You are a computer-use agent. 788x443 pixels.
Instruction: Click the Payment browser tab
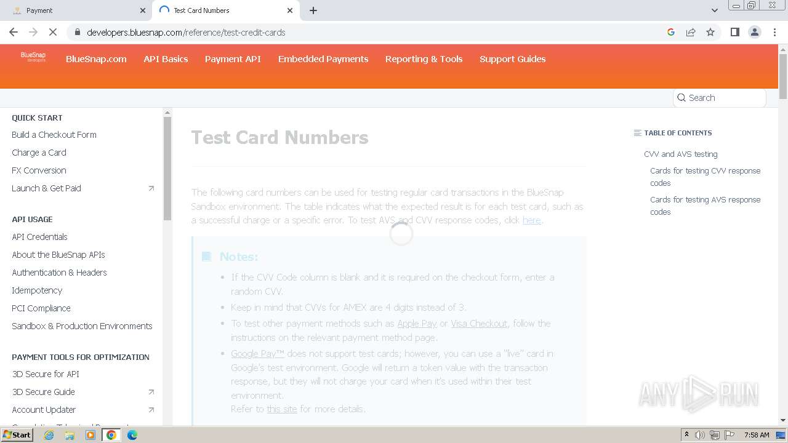[x=74, y=10]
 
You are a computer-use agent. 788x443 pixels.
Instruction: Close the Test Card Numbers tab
[x=290, y=10]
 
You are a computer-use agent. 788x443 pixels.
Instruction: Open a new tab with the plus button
[x=313, y=10]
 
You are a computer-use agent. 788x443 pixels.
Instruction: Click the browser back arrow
[x=14, y=32]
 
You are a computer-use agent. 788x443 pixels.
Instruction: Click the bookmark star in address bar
[x=710, y=32]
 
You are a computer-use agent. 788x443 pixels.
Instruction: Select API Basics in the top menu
[x=166, y=59]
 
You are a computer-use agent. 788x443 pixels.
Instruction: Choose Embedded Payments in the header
[x=323, y=59]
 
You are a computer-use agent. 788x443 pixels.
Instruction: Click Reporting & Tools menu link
[x=424, y=59]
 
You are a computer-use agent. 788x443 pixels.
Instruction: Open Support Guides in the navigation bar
[x=512, y=59]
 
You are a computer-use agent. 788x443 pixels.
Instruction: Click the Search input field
[x=723, y=98]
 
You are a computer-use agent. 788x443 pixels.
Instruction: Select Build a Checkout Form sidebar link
[x=54, y=135]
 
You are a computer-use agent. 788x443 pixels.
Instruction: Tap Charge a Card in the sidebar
[x=39, y=153]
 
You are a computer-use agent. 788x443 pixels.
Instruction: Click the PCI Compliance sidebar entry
[x=41, y=308]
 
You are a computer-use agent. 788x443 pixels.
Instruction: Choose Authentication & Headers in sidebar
[x=59, y=273]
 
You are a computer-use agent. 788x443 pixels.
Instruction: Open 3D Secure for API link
[x=46, y=374]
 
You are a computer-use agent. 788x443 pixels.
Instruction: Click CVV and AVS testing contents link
[x=680, y=154]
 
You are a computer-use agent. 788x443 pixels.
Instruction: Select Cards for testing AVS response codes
[x=705, y=206]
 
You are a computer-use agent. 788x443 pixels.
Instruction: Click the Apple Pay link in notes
[x=417, y=324]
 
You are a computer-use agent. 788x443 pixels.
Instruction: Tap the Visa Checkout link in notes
[x=479, y=324]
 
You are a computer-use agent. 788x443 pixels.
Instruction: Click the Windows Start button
[x=17, y=435]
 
